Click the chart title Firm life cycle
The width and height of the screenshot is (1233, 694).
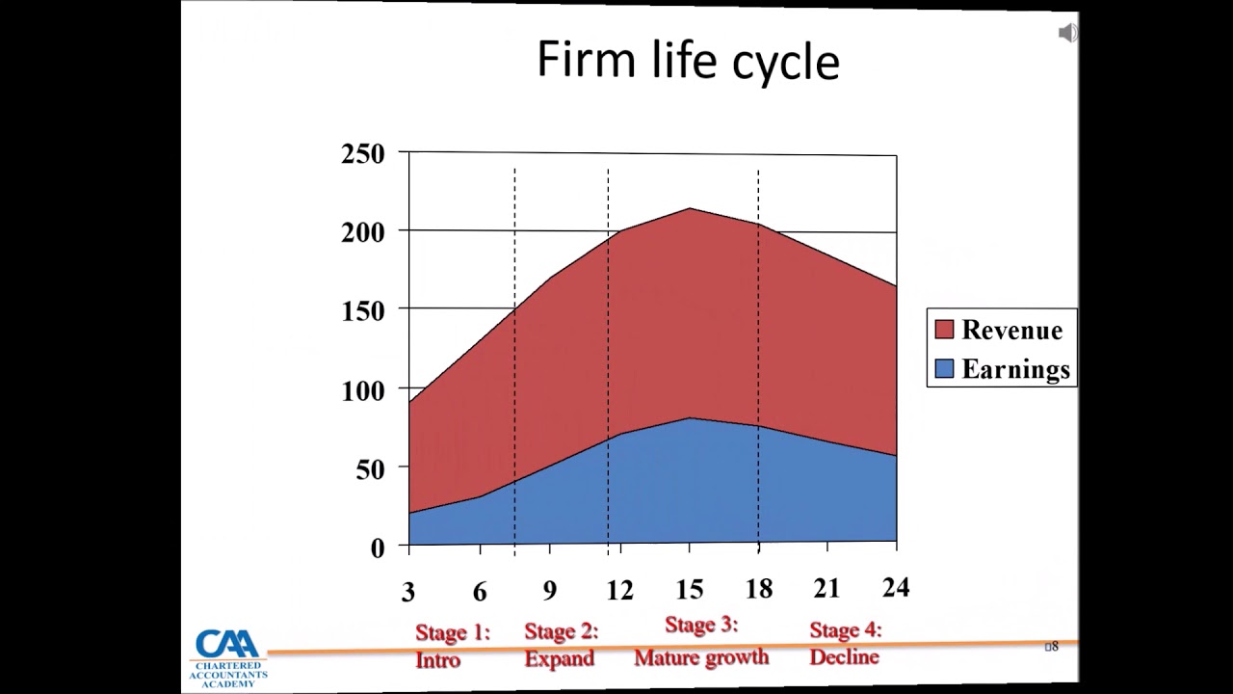click(x=688, y=61)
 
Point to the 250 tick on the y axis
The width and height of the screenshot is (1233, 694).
click(x=363, y=154)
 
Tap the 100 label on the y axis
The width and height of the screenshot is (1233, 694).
click(x=363, y=390)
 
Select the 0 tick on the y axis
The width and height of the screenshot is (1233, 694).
click(x=377, y=547)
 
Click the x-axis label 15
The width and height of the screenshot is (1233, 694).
click(x=690, y=590)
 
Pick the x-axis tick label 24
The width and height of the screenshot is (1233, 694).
click(x=895, y=587)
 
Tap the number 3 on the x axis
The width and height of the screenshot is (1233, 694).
click(x=408, y=593)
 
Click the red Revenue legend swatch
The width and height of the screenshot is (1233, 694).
click(x=944, y=330)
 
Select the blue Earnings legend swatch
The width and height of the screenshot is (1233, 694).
click(x=944, y=369)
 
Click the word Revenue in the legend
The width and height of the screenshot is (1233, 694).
click(x=1011, y=330)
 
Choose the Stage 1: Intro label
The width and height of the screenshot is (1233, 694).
click(x=452, y=646)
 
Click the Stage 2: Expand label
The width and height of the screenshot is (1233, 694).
click(x=561, y=645)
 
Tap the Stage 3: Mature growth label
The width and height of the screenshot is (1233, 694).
click(x=701, y=641)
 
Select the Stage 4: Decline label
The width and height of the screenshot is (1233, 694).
click(x=845, y=643)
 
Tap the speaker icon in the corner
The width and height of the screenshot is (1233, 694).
click(x=1067, y=34)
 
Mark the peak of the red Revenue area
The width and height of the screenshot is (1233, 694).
click(x=689, y=208)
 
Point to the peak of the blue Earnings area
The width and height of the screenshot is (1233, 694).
click(x=689, y=417)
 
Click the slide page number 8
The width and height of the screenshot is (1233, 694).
click(x=1053, y=646)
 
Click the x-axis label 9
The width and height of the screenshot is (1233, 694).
click(x=549, y=591)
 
